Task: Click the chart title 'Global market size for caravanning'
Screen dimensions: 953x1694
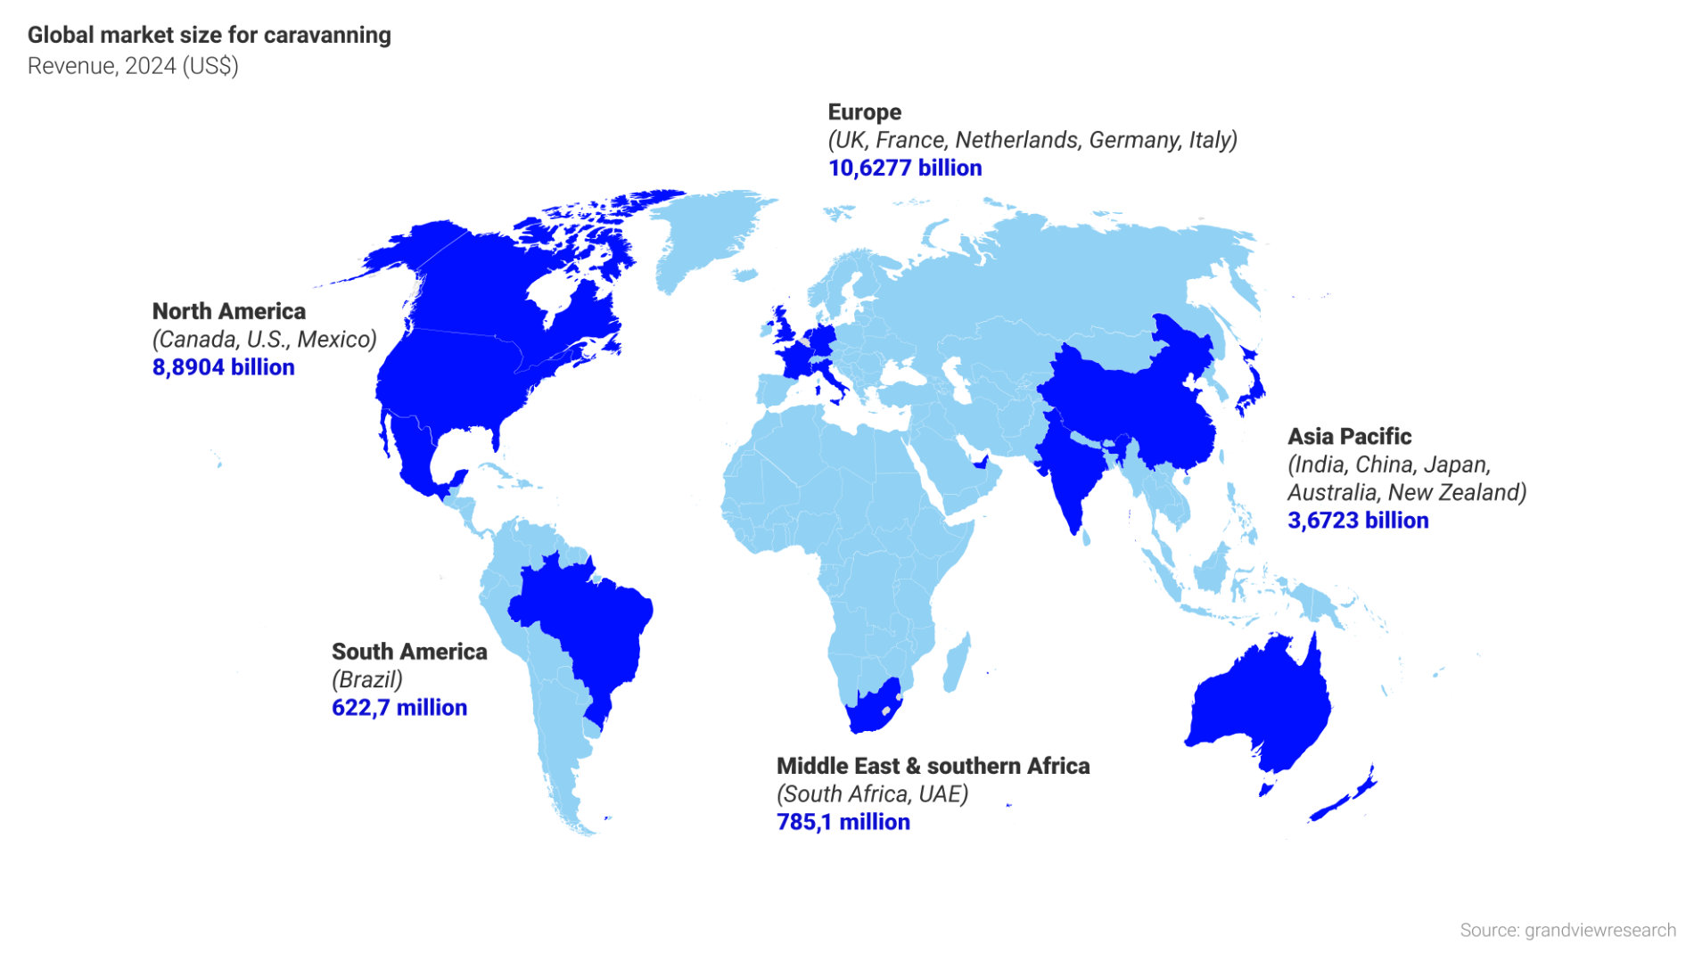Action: pos(209,35)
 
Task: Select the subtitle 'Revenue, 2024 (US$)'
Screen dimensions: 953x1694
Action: pos(133,66)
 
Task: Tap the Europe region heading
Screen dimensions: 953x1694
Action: pos(864,112)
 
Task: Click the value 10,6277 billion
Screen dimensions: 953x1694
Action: pos(904,168)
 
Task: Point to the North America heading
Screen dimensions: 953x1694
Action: pos(228,311)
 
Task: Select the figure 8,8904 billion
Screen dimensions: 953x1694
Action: pos(223,367)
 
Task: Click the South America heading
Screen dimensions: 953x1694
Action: pos(409,652)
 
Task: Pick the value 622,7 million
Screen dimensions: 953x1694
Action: pos(399,708)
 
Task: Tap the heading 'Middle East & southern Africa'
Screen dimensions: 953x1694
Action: pos(933,766)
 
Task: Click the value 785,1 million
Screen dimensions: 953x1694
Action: pos(843,822)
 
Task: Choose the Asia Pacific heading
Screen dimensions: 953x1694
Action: pos(1349,437)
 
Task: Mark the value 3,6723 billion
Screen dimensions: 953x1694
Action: pos(1357,521)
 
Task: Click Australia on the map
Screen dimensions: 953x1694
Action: pos(1262,704)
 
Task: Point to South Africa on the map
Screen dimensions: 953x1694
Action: pos(874,709)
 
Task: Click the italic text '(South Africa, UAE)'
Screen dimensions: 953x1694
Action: pos(872,794)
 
